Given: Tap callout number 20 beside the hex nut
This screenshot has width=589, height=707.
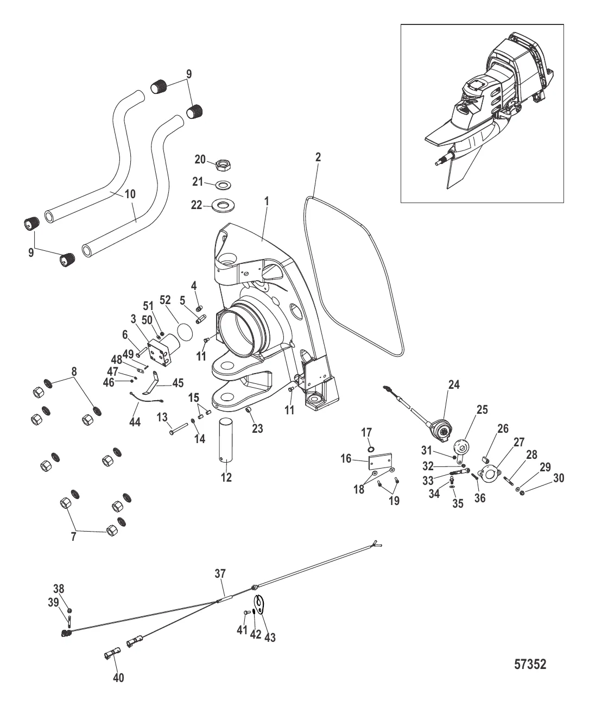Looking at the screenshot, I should coord(200,160).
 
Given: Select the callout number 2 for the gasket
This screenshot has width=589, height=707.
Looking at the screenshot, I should coord(318,157).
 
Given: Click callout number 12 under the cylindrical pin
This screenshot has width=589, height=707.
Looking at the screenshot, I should coord(226,477).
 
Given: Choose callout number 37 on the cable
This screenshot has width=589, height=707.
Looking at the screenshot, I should coord(220,573).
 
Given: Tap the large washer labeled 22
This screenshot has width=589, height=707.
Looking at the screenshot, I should coord(223,206).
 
